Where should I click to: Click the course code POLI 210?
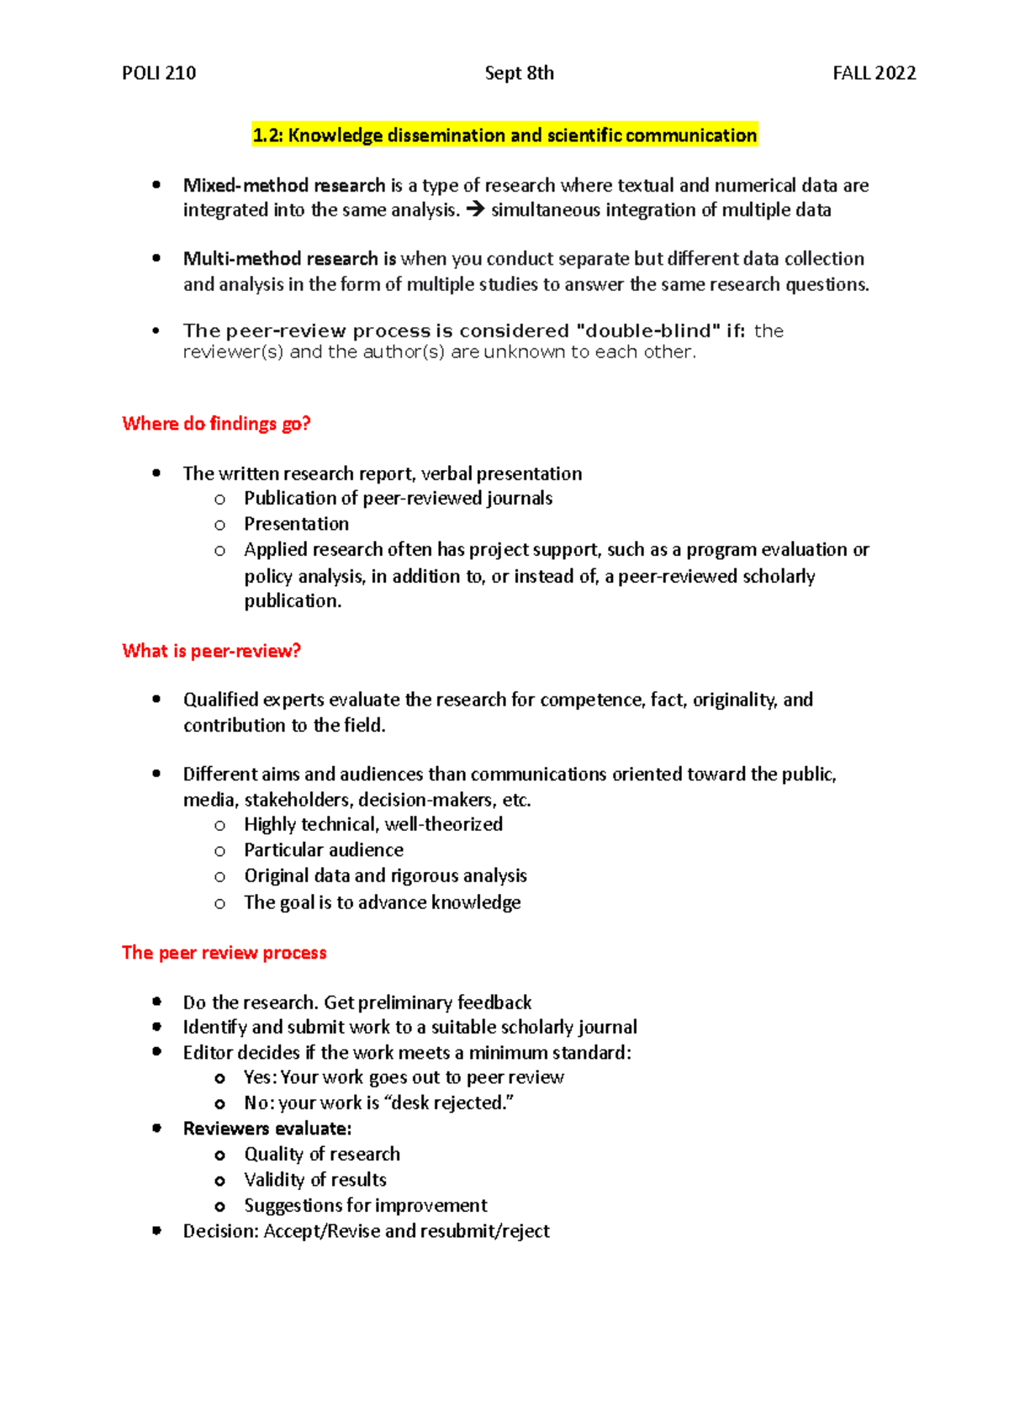click(159, 73)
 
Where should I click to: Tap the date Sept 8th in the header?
click(519, 73)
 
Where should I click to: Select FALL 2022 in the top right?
click(874, 73)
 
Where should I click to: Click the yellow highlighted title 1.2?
click(504, 135)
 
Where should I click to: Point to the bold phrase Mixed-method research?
click(284, 185)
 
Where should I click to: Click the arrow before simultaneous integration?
click(475, 210)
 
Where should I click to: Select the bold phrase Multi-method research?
click(281, 259)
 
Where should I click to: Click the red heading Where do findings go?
click(216, 424)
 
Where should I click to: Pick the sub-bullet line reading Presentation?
click(296, 524)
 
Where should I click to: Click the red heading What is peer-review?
click(211, 651)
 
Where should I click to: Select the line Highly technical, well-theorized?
click(373, 824)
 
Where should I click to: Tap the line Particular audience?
click(324, 850)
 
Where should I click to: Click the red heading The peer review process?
click(224, 953)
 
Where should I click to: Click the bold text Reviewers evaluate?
click(267, 1129)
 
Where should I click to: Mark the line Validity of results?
click(315, 1180)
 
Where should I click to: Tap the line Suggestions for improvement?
click(365, 1206)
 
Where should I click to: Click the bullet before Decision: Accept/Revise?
click(156, 1230)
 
